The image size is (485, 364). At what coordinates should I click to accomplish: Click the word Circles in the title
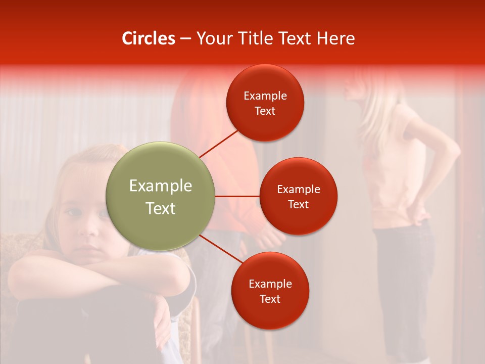pos(149,38)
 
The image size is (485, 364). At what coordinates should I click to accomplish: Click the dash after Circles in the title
pos(185,39)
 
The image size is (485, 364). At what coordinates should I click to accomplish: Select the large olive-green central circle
pos(161,196)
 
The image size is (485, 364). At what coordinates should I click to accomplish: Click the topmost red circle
pos(265,103)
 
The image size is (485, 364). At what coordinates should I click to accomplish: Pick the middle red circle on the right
pos(298,196)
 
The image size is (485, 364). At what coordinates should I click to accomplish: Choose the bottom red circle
pos(270,291)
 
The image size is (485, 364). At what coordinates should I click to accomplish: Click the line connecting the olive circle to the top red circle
pos(219,144)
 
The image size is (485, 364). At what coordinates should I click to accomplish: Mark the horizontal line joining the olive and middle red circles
pos(237,196)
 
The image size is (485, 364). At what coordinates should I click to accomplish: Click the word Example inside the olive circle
pos(161,186)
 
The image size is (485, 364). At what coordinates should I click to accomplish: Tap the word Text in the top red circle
pos(265,111)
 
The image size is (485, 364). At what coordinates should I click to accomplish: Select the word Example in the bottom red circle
pos(270,284)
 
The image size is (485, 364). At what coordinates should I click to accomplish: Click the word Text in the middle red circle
pos(298,204)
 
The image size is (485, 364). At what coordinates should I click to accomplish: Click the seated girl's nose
pos(90,229)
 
